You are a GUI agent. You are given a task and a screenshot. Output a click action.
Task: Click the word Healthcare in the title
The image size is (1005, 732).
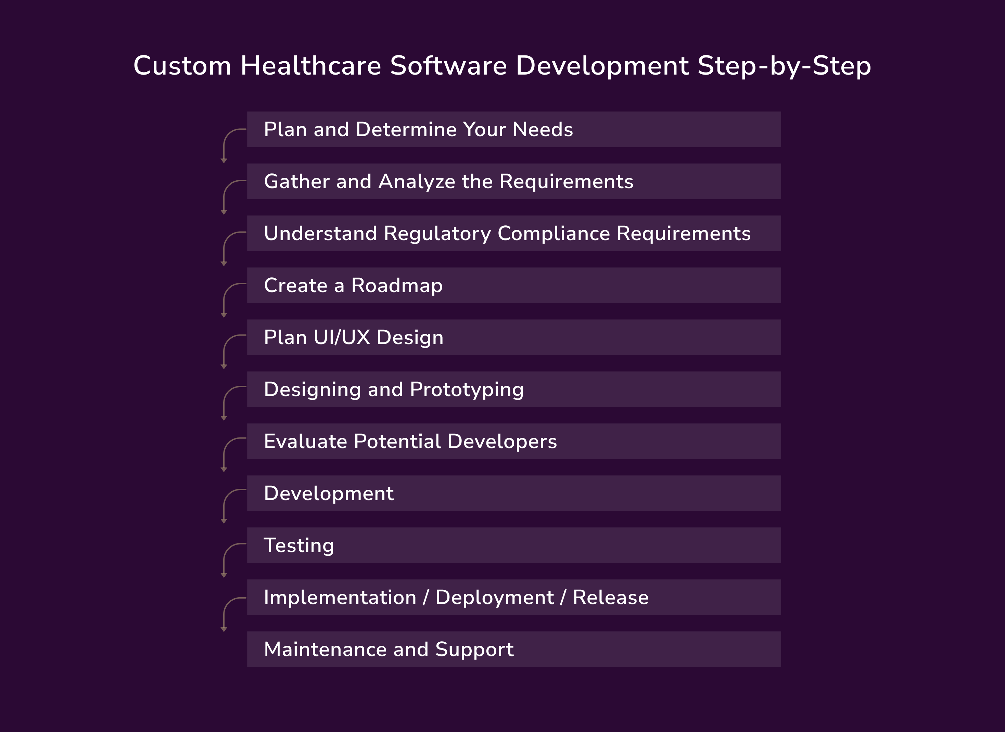[x=310, y=66]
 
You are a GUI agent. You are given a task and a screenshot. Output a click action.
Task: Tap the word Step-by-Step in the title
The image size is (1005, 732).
[x=784, y=66]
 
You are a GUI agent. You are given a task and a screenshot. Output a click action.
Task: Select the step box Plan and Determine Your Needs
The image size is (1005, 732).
[x=513, y=129]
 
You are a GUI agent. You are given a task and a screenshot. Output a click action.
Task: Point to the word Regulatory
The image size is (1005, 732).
[x=437, y=234]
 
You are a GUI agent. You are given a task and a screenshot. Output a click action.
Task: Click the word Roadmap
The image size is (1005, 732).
[x=397, y=285]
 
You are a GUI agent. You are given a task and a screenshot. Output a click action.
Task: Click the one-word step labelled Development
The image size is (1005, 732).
[x=329, y=493]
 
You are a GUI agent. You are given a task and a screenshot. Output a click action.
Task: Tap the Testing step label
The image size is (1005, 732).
[x=299, y=546]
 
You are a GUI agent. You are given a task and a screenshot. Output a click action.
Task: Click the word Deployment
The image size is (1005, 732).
[x=494, y=597]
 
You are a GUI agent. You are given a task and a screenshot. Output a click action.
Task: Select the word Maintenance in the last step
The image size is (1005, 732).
[x=325, y=650]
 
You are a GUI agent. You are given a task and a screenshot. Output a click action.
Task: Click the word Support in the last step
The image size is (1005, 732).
[x=474, y=650]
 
